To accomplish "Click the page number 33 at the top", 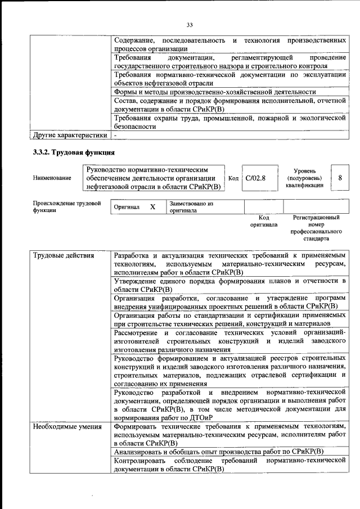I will pos(190,24).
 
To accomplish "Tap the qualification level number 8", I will pos(340,178).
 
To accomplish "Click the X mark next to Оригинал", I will pos(152,207).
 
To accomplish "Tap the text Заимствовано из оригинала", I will pos(191,207).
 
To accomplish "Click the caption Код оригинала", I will pos(264,220).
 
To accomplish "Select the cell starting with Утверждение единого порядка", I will pos(228,285).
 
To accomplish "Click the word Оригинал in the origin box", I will pos(127,207).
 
